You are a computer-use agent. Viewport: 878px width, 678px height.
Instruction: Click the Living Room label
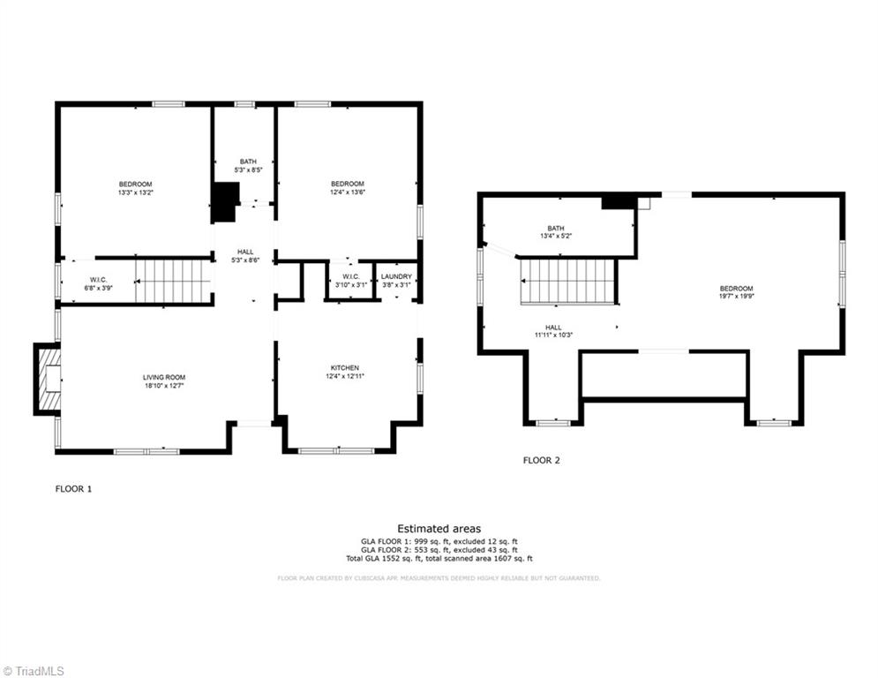point(164,377)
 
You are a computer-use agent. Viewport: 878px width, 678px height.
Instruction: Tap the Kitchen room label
point(345,368)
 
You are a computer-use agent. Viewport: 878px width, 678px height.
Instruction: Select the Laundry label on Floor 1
point(396,276)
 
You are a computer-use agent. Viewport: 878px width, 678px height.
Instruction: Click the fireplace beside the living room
point(49,379)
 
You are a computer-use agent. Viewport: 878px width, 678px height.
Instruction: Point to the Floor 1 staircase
point(173,282)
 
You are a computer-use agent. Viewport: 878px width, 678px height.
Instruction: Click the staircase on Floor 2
point(567,282)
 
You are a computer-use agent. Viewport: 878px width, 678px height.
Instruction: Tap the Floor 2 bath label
point(555,228)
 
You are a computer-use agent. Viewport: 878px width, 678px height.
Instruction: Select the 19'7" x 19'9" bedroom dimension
point(736,297)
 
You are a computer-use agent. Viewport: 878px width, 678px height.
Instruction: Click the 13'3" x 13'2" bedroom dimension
point(135,192)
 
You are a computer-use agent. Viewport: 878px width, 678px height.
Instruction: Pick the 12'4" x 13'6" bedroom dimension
point(347,192)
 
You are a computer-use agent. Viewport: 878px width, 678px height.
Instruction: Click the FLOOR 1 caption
point(73,488)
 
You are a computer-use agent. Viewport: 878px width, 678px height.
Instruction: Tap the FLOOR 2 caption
point(541,460)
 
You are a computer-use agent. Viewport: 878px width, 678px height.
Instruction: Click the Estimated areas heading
point(439,528)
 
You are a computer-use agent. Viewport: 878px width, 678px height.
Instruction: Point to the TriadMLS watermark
point(33,671)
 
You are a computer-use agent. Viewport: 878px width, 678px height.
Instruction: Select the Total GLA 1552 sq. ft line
point(439,559)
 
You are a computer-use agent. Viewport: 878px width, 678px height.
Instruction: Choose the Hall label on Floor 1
point(245,256)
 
